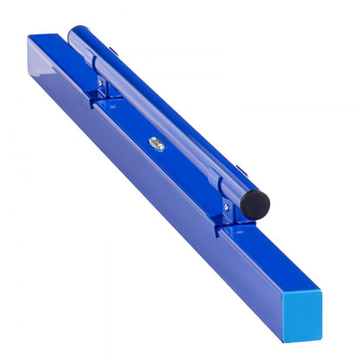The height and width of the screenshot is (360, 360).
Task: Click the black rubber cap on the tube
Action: (254, 204)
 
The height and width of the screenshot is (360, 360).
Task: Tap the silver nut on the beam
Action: (156, 144)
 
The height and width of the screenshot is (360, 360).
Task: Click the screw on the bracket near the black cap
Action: (227, 208)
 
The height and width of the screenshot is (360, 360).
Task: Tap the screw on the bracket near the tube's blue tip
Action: (101, 84)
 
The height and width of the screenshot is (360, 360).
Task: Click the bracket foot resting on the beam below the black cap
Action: (227, 228)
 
